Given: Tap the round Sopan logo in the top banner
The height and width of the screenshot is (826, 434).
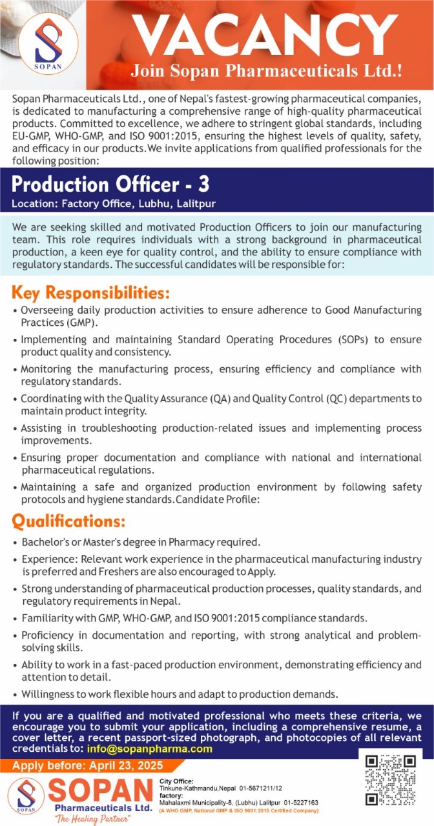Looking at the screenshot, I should click(48, 45).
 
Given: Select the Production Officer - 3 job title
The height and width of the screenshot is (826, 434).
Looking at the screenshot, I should click(110, 185).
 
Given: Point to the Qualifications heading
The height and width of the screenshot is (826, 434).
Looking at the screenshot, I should click(68, 520).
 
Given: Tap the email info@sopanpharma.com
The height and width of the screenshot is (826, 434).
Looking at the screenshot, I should click(149, 749).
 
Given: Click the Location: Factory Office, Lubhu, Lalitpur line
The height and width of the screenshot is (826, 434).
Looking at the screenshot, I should click(113, 204).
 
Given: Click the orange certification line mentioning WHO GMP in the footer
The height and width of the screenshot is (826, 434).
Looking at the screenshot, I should click(238, 811).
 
